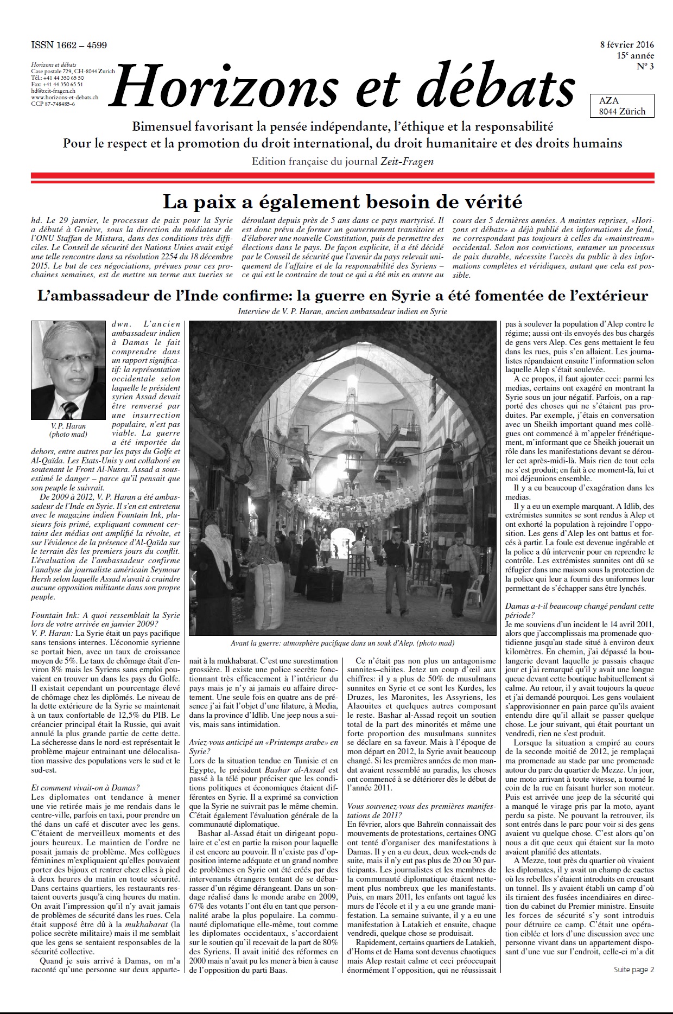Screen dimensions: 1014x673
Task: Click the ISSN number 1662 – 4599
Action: (x=69, y=46)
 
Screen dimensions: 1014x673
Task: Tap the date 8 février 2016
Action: (x=627, y=45)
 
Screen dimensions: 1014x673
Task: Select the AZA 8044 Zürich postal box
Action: (x=622, y=106)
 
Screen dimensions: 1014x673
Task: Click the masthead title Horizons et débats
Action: (x=342, y=86)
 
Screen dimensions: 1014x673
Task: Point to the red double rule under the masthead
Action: (x=342, y=177)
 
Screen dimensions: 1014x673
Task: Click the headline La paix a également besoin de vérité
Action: (x=342, y=202)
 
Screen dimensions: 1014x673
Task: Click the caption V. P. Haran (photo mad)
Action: (x=68, y=430)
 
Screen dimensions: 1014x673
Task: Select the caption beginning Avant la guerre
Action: (x=342, y=643)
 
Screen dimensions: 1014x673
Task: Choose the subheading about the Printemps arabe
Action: (x=263, y=747)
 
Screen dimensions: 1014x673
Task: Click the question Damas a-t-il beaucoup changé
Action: (x=579, y=611)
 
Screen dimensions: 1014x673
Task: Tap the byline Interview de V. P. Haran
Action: (x=342, y=311)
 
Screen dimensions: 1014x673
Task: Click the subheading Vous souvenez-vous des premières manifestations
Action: (x=421, y=811)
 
